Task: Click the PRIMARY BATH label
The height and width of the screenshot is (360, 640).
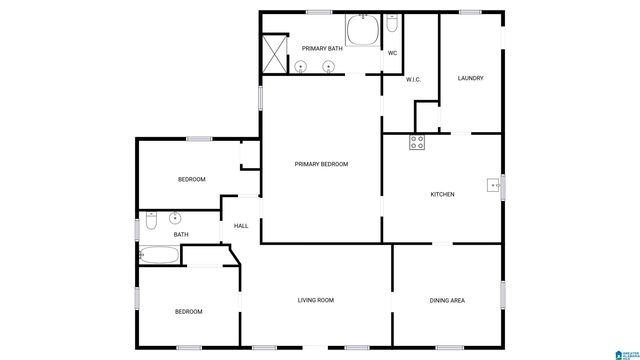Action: (x=322, y=47)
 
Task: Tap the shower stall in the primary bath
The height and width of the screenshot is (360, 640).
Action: (x=273, y=50)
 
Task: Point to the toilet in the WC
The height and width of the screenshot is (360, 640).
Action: (x=392, y=24)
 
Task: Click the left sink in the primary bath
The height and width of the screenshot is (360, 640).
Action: (x=301, y=66)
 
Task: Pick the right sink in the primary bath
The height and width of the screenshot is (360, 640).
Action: (x=328, y=66)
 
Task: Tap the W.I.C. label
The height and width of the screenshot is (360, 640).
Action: (x=413, y=79)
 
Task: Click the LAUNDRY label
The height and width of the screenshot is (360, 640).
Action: (x=471, y=78)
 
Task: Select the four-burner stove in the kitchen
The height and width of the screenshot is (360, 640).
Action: (x=417, y=142)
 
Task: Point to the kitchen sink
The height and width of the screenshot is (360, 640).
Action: (x=493, y=185)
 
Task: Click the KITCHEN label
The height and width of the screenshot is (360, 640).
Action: (x=442, y=194)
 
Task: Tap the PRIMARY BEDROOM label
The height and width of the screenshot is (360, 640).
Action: (x=321, y=163)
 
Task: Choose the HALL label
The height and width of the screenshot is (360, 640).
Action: (x=241, y=226)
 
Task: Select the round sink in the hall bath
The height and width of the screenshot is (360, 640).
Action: (x=175, y=218)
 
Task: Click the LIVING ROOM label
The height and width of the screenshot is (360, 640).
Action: (x=315, y=300)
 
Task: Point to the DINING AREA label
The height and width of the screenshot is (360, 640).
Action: (x=447, y=300)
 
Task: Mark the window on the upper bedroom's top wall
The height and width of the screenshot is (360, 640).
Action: (x=197, y=139)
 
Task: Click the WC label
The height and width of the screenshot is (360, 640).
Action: (x=393, y=52)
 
